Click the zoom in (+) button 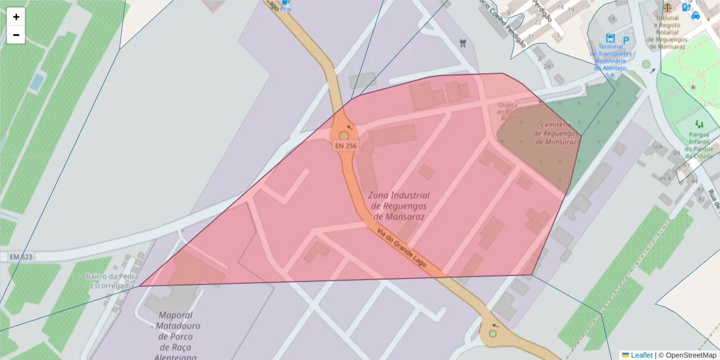[16, 17]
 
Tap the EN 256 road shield [346, 146]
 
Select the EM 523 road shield [21, 257]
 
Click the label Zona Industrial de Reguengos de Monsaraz [398, 206]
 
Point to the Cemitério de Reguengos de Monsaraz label [558, 133]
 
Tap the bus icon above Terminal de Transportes [611, 38]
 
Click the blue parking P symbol [626, 40]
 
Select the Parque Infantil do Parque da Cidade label [699, 145]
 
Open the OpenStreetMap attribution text [691, 355]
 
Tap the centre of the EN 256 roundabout [344, 136]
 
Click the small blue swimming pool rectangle [37, 82]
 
